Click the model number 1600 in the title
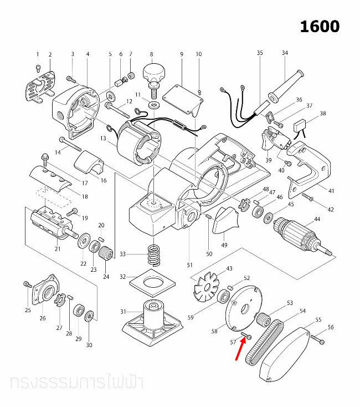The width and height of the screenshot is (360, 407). (320, 26)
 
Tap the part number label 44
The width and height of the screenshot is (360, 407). (317, 220)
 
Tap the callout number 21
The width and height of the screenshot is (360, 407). (57, 249)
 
